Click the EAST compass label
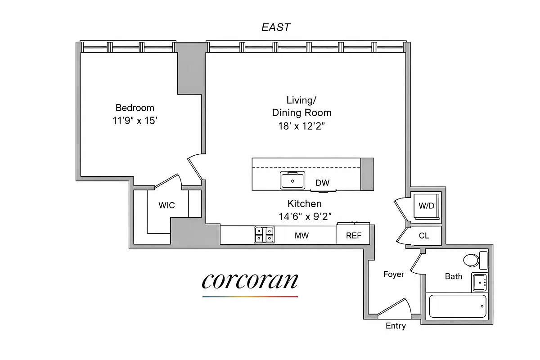tap(276, 27)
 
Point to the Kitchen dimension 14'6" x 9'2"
tap(305, 216)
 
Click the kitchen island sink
tap(293, 181)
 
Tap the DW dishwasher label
tap(322, 183)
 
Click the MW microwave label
tap(301, 235)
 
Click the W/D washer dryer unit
tap(427, 207)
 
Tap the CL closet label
tap(424, 235)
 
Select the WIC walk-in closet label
tap(166, 206)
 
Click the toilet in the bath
tap(472, 261)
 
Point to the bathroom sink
tap(480, 282)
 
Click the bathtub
tap(458, 306)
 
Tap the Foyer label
tap(393, 274)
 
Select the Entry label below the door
tap(396, 326)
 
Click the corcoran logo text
tap(250, 281)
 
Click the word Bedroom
tap(135, 108)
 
